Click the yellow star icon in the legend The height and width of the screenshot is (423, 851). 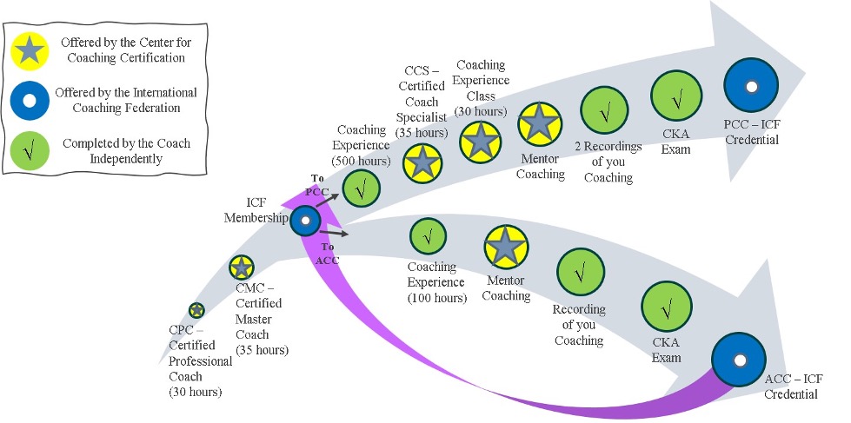click(29, 52)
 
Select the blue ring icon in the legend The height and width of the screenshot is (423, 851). click(29, 101)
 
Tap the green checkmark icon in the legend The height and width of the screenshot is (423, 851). click(29, 150)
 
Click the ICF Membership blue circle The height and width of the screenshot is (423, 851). click(305, 221)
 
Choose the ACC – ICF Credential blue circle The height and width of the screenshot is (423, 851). click(738, 360)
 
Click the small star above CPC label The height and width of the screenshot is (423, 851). click(196, 310)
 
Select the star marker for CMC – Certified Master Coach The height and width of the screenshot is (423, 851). click(241, 267)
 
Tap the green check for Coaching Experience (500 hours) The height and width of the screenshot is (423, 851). click(362, 188)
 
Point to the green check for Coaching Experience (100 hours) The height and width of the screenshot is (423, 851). click(428, 235)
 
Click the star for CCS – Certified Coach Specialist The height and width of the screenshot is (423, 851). click(422, 162)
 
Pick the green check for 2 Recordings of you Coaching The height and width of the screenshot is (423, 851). click(604, 109)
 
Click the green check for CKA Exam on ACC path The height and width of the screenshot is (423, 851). click(667, 308)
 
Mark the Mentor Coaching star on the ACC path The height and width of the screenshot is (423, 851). click(507, 248)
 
